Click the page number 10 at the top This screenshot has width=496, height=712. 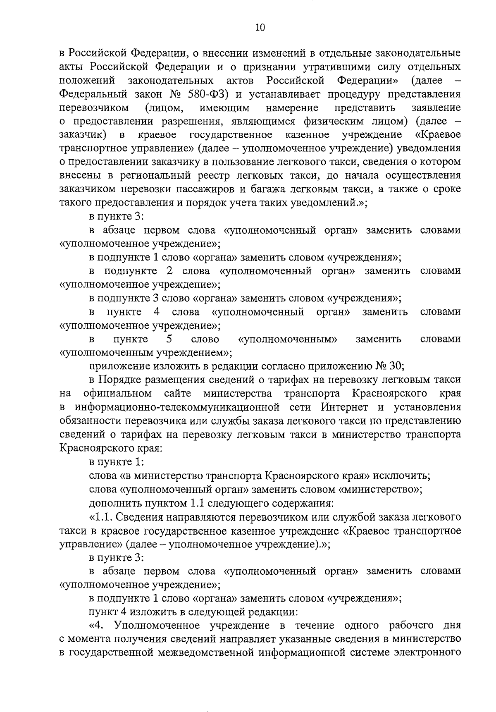tap(260, 28)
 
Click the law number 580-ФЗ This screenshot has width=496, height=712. tap(205, 94)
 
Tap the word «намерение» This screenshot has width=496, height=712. tap(292, 108)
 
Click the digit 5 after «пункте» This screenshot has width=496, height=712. tap(169, 339)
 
